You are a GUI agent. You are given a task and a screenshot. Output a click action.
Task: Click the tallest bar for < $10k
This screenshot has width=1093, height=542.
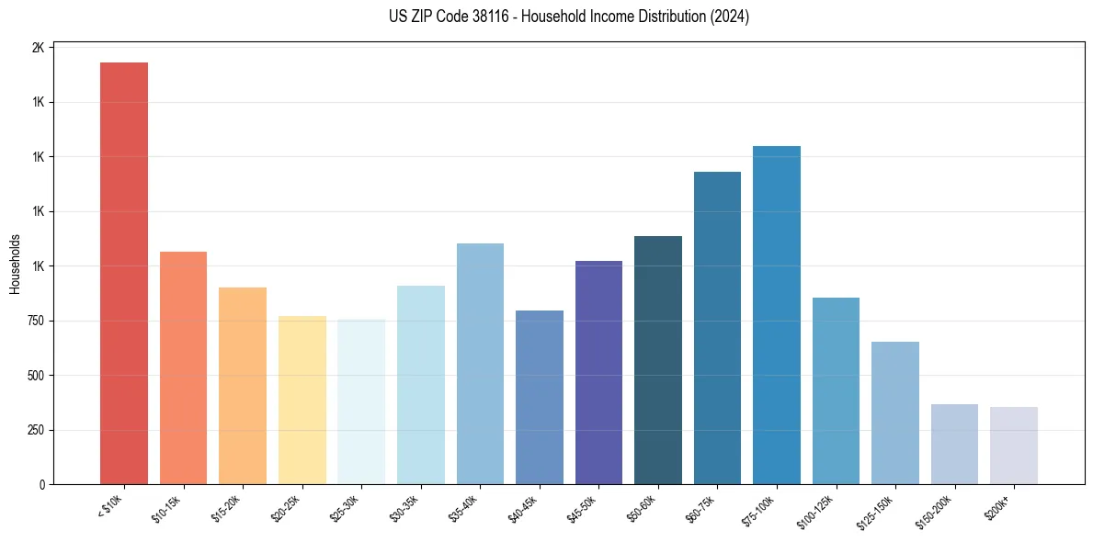click(124, 273)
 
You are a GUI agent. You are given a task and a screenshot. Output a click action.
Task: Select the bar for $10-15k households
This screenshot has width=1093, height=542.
click(183, 367)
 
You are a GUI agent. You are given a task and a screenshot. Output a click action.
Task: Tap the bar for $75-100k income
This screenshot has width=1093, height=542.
click(777, 315)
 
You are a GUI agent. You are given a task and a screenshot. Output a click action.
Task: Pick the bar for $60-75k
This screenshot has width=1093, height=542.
click(717, 328)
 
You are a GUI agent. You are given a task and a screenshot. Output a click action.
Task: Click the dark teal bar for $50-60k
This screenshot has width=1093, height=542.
click(658, 360)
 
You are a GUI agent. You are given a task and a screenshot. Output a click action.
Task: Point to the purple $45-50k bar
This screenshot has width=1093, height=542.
click(598, 372)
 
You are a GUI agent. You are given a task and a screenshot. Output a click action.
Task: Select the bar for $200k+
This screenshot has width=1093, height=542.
click(1014, 446)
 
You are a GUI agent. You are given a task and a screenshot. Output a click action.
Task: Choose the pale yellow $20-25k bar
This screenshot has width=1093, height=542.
click(302, 400)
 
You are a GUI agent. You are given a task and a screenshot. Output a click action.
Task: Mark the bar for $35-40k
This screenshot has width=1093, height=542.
click(480, 364)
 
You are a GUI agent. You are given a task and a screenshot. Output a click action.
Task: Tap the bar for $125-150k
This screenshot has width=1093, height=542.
click(895, 412)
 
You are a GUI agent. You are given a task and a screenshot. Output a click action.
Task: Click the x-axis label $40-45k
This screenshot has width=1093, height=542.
click(523, 508)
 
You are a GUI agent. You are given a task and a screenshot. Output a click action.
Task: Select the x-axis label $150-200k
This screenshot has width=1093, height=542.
click(937, 511)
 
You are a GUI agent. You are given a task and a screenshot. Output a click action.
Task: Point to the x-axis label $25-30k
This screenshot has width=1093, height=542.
click(345, 508)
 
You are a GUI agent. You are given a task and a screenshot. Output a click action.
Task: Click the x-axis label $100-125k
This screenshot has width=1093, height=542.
click(818, 511)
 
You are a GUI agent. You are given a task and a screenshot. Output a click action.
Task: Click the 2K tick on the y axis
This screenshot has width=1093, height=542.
click(39, 48)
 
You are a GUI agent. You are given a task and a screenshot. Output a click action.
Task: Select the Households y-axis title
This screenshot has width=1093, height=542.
click(15, 264)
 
